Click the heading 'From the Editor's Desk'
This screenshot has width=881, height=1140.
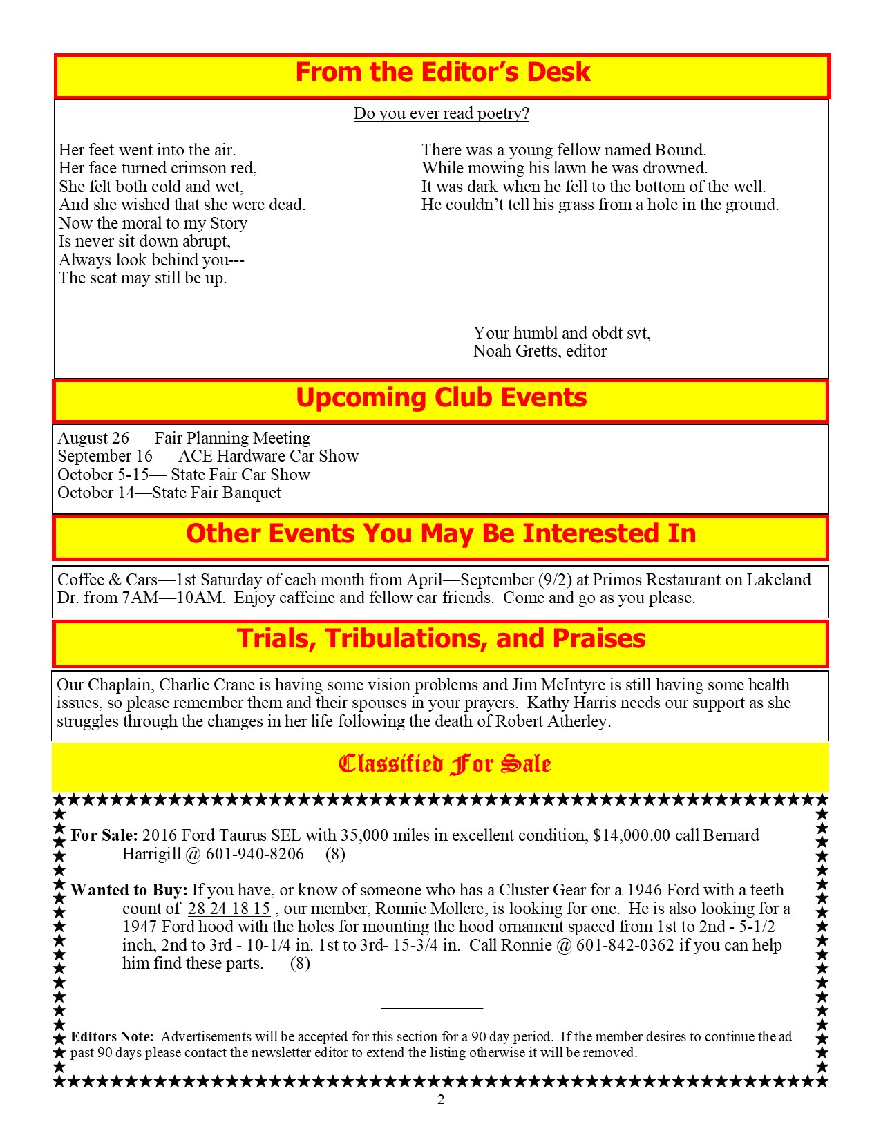(x=442, y=73)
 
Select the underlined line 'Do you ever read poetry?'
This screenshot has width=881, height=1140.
(x=441, y=113)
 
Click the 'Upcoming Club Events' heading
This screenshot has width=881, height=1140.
(x=441, y=398)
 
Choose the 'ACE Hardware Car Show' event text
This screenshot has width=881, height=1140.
(x=268, y=456)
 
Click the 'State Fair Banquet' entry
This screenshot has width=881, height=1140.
(x=216, y=493)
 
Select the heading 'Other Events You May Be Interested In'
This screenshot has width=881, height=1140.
(x=441, y=534)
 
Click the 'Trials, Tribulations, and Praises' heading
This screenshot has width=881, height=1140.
(x=441, y=639)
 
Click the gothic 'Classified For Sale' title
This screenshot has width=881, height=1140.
(x=444, y=764)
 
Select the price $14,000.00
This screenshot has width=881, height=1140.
(x=632, y=835)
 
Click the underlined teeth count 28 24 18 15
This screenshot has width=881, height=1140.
(x=229, y=909)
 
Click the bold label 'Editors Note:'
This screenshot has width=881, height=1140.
(x=112, y=1036)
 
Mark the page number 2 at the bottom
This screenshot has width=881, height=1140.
(x=441, y=1100)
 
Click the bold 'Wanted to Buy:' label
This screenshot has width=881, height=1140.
(x=129, y=890)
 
